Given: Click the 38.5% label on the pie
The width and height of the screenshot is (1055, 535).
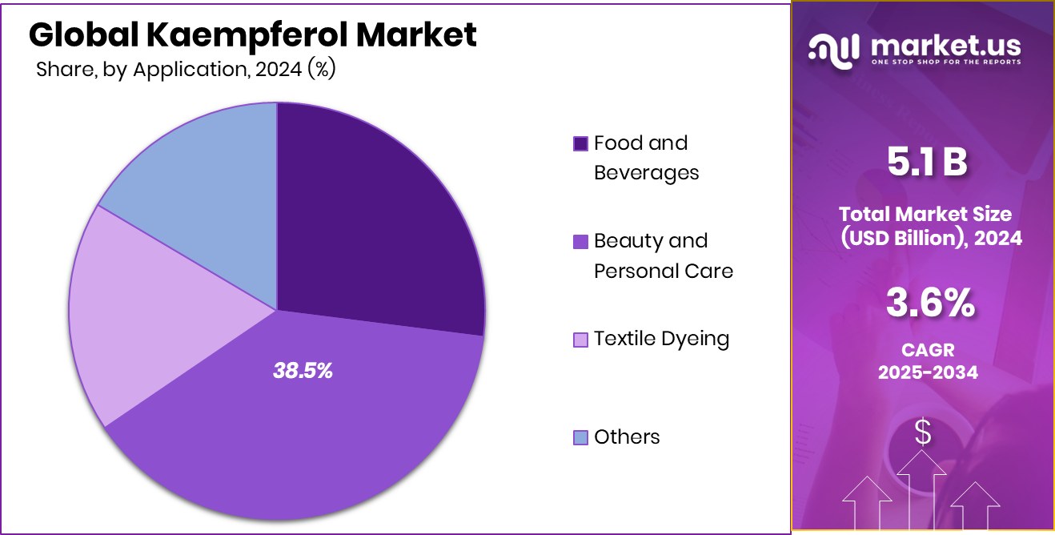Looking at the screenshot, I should (x=303, y=371).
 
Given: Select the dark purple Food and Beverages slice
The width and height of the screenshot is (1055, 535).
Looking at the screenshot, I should (x=376, y=216).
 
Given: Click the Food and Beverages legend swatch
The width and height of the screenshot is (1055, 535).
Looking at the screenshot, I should (x=581, y=144).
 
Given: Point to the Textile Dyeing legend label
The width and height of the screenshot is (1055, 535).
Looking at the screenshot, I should (x=661, y=339).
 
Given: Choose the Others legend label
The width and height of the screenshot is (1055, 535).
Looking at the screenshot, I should (x=627, y=436).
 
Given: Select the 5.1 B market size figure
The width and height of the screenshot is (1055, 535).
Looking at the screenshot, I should (x=928, y=162).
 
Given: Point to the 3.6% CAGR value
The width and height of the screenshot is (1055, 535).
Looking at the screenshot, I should (x=929, y=304).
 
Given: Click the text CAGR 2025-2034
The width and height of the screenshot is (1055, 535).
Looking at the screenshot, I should (x=928, y=361).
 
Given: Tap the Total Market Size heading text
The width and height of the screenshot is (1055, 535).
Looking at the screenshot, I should (x=925, y=214).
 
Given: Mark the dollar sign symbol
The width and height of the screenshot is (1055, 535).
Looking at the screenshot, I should (x=923, y=433).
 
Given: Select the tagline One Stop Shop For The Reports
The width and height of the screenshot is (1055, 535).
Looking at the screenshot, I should (x=945, y=62).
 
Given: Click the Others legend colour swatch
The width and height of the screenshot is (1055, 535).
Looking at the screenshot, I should (x=581, y=437).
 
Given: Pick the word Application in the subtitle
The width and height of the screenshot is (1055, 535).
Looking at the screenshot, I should (x=188, y=70).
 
